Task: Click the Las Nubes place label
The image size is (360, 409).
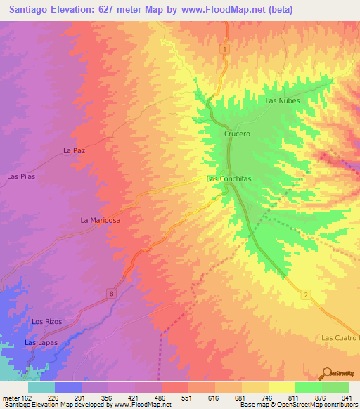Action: pos(283,100)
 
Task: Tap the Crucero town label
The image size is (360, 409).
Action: pos(237,133)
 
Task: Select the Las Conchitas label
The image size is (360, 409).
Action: pos(229,178)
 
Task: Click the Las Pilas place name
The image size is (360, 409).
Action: pos(20,176)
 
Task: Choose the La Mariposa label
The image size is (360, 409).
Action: pos(101,220)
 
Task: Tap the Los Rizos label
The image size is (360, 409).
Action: pos(47,321)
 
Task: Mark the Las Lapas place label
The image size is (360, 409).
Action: pos(41,342)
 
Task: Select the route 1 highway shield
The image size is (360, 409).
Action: pos(224,48)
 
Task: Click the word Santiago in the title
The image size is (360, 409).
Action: pos(32,10)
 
